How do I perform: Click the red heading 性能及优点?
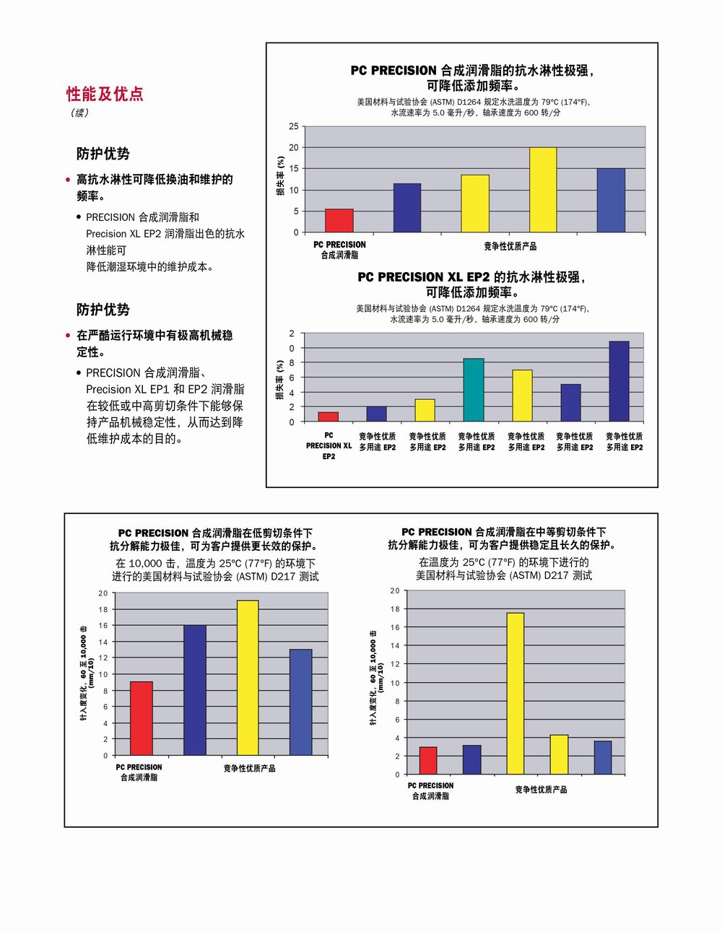point(105,94)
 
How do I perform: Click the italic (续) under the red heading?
point(79,113)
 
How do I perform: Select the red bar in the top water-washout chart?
point(339,221)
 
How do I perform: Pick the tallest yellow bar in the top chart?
point(543,190)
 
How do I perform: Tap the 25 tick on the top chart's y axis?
point(294,126)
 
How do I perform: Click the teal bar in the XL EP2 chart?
point(474,390)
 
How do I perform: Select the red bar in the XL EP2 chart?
point(329,416)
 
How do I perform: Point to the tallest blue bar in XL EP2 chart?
point(619,381)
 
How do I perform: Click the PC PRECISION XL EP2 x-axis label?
point(329,445)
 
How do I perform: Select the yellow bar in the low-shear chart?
point(248,678)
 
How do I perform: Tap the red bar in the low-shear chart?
point(142,718)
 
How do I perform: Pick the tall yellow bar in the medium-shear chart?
point(516,693)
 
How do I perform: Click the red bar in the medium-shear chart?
point(428,761)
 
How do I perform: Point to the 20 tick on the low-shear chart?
point(103,593)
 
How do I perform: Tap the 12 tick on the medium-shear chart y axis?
point(395,664)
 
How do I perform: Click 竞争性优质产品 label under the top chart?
point(510,247)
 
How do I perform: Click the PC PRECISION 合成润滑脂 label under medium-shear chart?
point(430,790)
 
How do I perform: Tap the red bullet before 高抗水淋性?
point(68,180)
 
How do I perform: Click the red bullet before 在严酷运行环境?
point(68,336)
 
